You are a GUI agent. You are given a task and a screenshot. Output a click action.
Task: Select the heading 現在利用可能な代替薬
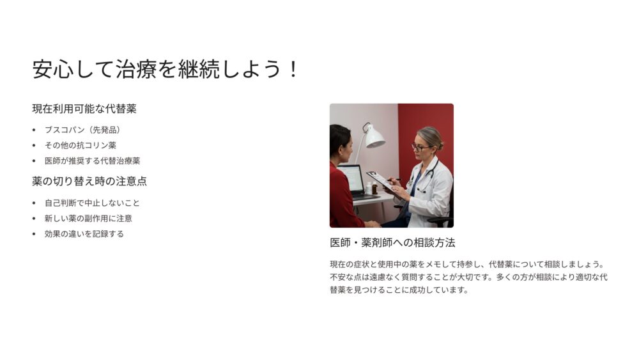pyautogui.click(x=84, y=109)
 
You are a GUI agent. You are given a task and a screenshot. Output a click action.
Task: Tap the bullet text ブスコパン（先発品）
pyautogui.click(x=82, y=130)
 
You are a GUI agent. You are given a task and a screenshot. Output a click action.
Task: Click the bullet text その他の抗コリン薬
pyautogui.click(x=81, y=146)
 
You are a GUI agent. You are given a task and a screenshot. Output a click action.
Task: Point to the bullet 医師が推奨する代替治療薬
pyautogui.click(x=92, y=161)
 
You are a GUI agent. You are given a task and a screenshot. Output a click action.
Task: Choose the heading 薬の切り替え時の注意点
pyautogui.click(x=89, y=182)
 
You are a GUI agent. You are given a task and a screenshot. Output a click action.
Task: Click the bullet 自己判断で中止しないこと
pyautogui.click(x=92, y=203)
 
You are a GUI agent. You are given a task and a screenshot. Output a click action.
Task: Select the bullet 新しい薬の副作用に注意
pyautogui.click(x=88, y=219)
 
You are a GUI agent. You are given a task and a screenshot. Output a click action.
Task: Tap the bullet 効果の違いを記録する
pyautogui.click(x=84, y=234)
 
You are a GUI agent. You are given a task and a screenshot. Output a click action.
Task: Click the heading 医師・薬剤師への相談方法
pyautogui.click(x=392, y=243)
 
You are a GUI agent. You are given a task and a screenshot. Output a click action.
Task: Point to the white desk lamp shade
pyautogui.click(x=374, y=137)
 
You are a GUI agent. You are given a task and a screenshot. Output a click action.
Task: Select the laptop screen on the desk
pyautogui.click(x=351, y=178)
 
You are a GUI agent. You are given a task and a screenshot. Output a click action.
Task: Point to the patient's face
pyautogui.click(x=346, y=149)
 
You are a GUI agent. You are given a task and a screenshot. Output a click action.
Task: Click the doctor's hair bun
pyautogui.click(x=440, y=144)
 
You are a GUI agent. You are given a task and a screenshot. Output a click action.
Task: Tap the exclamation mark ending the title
pyautogui.click(x=293, y=69)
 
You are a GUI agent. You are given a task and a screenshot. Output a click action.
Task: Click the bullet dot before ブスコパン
pyautogui.click(x=34, y=130)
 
